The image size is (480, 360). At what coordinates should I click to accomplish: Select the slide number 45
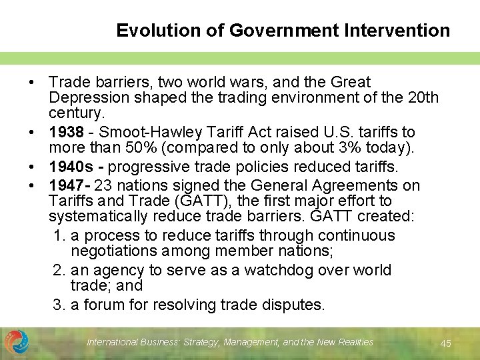(x=446, y=343)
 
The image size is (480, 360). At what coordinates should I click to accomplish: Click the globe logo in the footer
(x=17, y=343)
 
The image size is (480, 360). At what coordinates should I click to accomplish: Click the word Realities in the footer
(x=353, y=343)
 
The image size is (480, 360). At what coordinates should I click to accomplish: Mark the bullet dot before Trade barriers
(x=32, y=83)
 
